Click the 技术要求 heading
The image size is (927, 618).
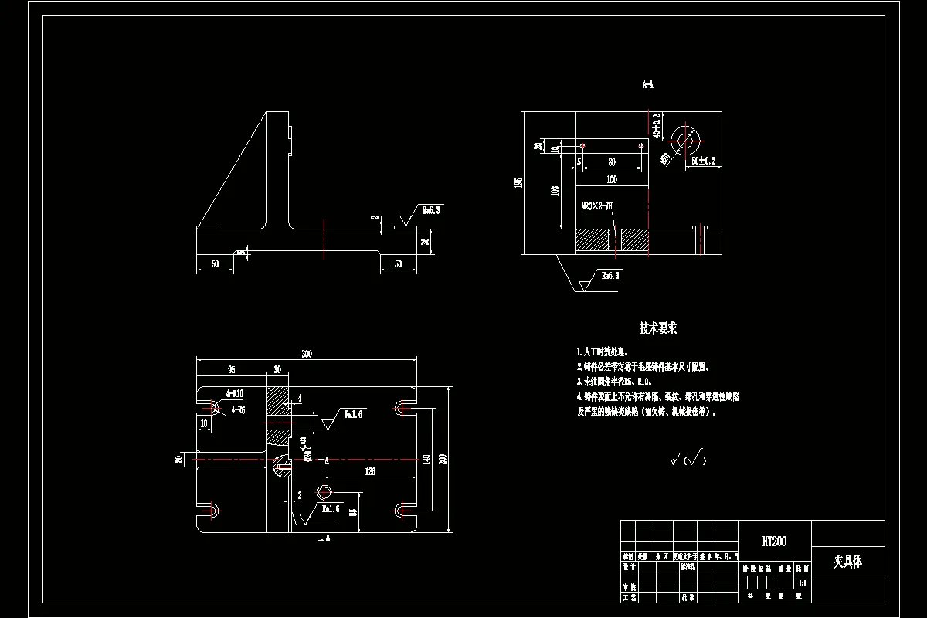[x=657, y=328]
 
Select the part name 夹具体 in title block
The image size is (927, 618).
[x=847, y=562]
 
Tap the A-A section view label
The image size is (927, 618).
[x=648, y=84]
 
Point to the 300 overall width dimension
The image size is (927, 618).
[x=307, y=354]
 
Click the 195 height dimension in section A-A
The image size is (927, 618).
[x=520, y=182]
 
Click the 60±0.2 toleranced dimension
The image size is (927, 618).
[x=704, y=161]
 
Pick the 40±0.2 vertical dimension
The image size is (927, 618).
[x=657, y=126]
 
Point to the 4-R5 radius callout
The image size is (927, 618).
[x=236, y=409]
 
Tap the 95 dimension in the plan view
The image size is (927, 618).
[x=230, y=369]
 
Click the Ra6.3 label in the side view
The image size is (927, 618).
[x=430, y=210]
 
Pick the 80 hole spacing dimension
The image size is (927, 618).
[x=612, y=162]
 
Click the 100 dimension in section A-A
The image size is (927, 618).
[x=612, y=180]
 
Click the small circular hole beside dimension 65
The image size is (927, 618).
[x=324, y=492]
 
